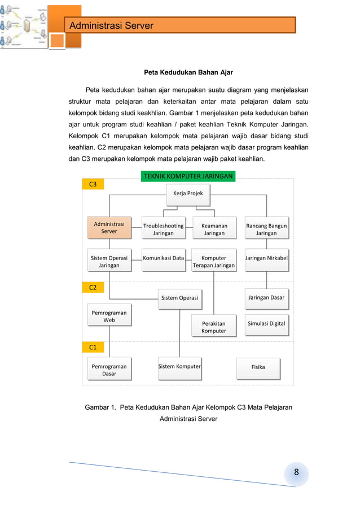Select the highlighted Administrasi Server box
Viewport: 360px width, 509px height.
(x=109, y=227)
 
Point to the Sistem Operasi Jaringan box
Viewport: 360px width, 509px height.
(x=109, y=261)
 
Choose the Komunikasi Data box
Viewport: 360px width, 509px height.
(x=163, y=258)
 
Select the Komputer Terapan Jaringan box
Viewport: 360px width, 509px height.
(x=214, y=261)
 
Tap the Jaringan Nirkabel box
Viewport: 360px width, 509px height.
(x=266, y=258)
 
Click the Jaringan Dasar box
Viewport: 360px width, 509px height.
(x=266, y=297)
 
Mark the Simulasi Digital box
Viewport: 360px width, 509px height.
(x=266, y=324)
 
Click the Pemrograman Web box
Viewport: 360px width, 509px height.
(x=109, y=316)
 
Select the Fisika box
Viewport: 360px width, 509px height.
(x=258, y=367)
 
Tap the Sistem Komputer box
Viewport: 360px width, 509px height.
(x=179, y=367)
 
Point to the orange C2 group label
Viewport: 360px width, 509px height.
(x=93, y=287)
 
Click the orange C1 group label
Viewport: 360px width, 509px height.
(x=93, y=347)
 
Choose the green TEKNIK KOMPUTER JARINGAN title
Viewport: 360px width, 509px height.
(x=188, y=176)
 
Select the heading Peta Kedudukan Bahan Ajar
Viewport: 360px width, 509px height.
(x=188, y=72)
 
